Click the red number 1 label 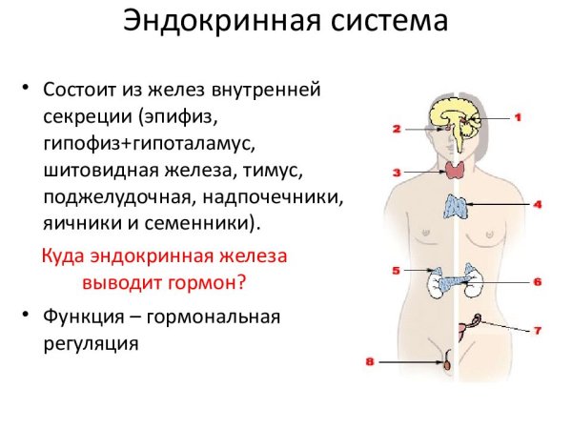pos(520,118)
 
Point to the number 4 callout pos(537,205)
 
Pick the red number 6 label pos(537,282)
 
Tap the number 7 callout pos(537,331)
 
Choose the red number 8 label pos(371,361)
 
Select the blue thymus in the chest pos(457,207)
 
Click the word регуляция pos(92,342)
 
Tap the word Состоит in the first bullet pos(84,89)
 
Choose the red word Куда pos(67,256)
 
